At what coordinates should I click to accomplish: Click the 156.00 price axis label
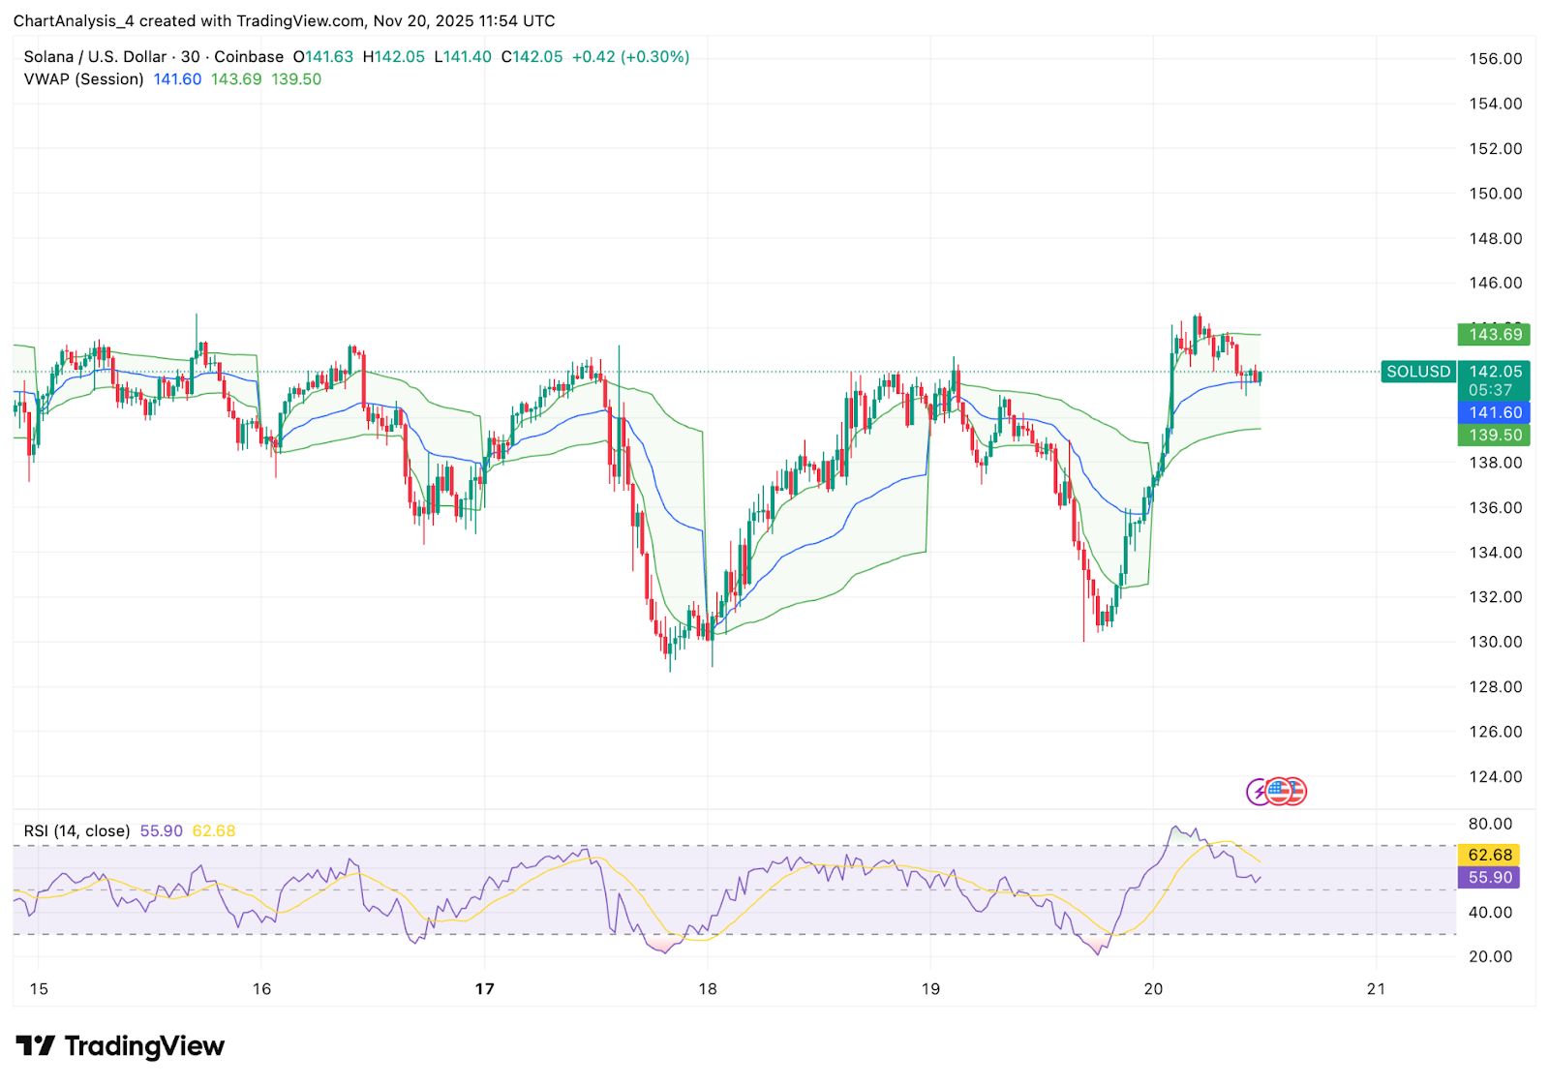pyautogui.click(x=1495, y=59)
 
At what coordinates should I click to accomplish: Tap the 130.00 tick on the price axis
pyautogui.click(x=1495, y=642)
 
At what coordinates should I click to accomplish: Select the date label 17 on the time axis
pyautogui.click(x=484, y=988)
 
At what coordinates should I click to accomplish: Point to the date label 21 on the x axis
pyautogui.click(x=1376, y=988)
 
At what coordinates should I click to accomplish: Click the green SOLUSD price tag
pyautogui.click(x=1418, y=372)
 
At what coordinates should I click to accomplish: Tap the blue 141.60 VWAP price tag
pyautogui.click(x=1495, y=412)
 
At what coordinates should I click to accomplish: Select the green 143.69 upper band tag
pyautogui.click(x=1495, y=335)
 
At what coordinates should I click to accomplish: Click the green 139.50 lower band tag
pyautogui.click(x=1495, y=436)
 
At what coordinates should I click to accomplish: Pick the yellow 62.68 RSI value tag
pyautogui.click(x=1489, y=855)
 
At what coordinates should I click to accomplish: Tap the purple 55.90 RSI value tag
pyautogui.click(x=1489, y=877)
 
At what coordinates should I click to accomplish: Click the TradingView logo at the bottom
pyautogui.click(x=120, y=1046)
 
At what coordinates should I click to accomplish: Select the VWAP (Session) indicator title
pyautogui.click(x=83, y=79)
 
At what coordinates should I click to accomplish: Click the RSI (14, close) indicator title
pyautogui.click(x=76, y=830)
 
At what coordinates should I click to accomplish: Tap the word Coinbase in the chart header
pyautogui.click(x=249, y=57)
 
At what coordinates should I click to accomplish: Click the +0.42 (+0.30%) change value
pyautogui.click(x=630, y=57)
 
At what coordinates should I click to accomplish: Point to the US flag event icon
pyautogui.click(x=1279, y=791)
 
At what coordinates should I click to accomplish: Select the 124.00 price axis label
pyautogui.click(x=1495, y=776)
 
